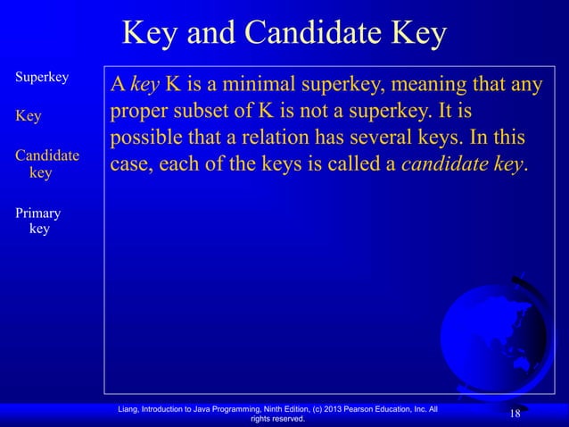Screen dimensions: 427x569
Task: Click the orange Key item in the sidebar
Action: [x=28, y=115]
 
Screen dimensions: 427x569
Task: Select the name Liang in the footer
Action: [x=131, y=409]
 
